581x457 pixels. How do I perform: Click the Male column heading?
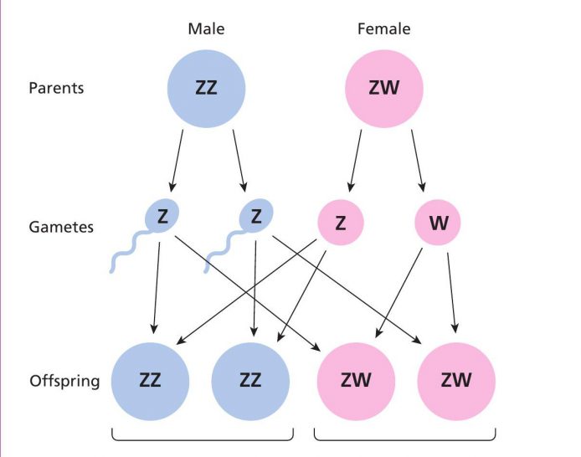click(x=206, y=29)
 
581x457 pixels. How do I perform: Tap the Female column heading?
click(x=384, y=29)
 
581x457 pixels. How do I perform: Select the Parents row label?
click(x=56, y=88)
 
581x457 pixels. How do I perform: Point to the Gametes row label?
click(x=61, y=227)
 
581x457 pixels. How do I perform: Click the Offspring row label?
click(x=64, y=381)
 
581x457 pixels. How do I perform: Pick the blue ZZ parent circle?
click(x=207, y=89)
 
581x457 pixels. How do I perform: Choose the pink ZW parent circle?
click(x=384, y=89)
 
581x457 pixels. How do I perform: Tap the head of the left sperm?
click(x=162, y=216)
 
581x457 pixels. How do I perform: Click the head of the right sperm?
click(x=256, y=216)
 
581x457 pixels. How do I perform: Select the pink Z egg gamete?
click(x=341, y=222)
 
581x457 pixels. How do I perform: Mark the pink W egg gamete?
click(x=438, y=222)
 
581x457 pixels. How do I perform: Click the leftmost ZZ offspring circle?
click(x=150, y=382)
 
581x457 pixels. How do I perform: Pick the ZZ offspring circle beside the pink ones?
click(x=250, y=382)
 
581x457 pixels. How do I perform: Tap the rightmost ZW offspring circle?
click(x=456, y=382)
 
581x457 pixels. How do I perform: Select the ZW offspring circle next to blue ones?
click(x=356, y=382)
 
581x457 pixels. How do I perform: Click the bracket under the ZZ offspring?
click(x=203, y=440)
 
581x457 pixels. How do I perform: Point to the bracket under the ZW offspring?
click(x=404, y=440)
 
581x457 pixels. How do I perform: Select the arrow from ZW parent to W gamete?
click(x=418, y=161)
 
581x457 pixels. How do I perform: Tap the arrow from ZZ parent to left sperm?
click(x=177, y=161)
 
